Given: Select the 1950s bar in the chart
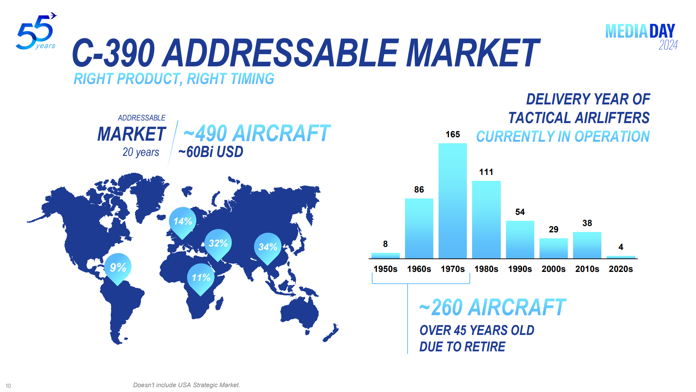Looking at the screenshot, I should point(385,255).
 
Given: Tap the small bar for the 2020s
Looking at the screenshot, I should point(621,257).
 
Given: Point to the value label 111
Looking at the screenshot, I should point(486,172).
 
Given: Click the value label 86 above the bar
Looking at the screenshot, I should point(419,189).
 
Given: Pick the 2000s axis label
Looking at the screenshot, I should point(553,269).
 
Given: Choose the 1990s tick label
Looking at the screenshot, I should point(520,269).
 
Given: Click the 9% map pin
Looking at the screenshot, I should point(118,267).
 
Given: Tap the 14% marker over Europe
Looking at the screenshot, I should point(183,222).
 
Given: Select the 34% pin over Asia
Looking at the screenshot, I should point(268,247).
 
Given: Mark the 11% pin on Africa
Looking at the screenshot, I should point(201,277).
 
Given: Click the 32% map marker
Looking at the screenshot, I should point(218,244).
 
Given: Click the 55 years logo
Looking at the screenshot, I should point(36,32).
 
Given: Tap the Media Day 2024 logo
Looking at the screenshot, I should point(641,37).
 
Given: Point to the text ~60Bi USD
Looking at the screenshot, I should point(211,152).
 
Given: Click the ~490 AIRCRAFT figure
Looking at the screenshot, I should point(257,133).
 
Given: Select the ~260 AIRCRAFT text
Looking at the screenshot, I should point(492,307).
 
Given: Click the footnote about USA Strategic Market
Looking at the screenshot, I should point(186,385).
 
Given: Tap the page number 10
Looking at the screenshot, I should point(8,386).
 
